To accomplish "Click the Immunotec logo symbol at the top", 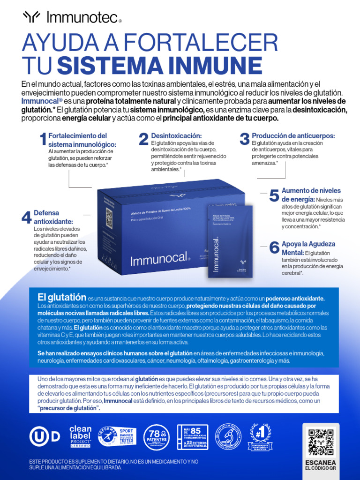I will [32, 18].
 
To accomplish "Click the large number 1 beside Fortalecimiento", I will [43, 139].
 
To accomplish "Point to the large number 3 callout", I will [244, 139].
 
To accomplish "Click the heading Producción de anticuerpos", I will [293, 135].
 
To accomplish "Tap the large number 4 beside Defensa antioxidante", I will [26, 217].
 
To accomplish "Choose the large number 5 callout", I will [274, 196].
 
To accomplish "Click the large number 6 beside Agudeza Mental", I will [274, 248].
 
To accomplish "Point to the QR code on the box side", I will [109, 218].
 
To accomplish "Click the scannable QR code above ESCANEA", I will [321, 442].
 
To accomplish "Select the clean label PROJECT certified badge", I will [81, 436].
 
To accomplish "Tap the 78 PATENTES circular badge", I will [157, 436].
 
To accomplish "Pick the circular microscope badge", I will [228, 436].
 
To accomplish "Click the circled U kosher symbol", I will [39, 436].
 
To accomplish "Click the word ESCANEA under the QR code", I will [321, 462].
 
